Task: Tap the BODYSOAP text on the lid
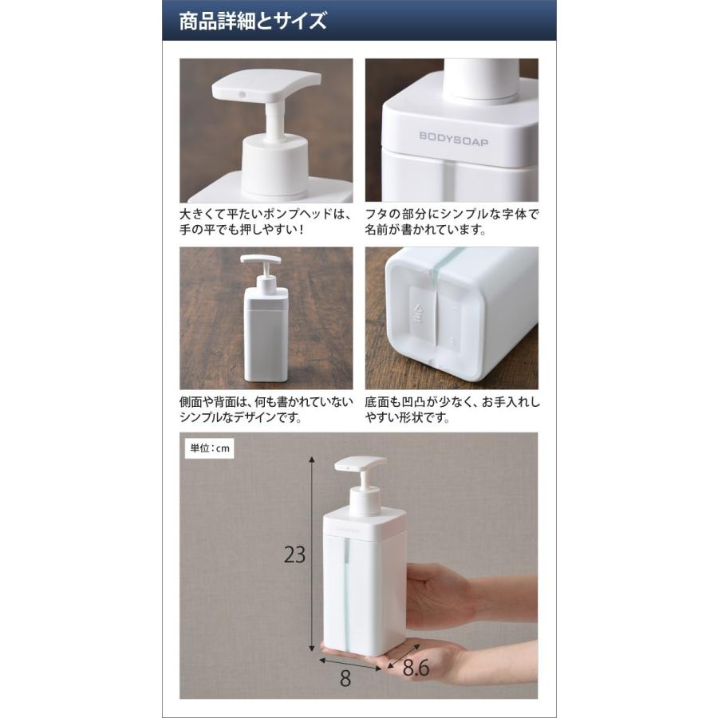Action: pyautogui.click(x=454, y=136)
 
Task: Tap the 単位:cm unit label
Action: pyautogui.click(x=210, y=448)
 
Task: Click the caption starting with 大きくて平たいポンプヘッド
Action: pyautogui.click(x=266, y=223)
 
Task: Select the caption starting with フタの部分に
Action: pyautogui.click(x=452, y=223)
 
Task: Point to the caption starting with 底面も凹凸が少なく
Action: pyautogui.click(x=452, y=410)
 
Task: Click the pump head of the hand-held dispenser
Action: pyautogui.click(x=361, y=464)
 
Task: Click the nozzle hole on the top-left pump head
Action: pyautogui.click(x=239, y=94)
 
